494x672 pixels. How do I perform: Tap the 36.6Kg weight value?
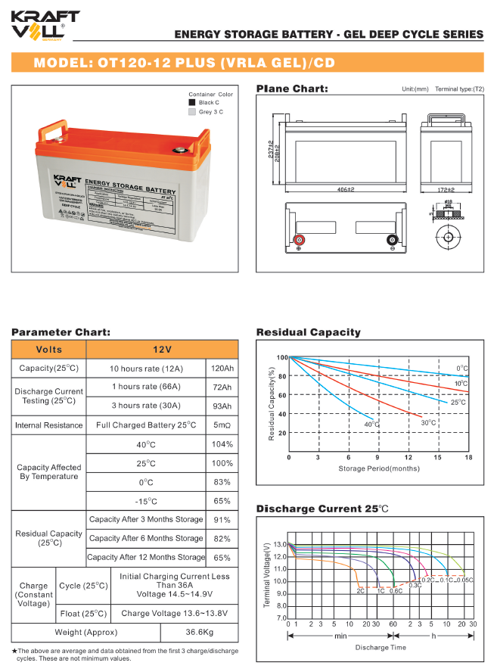[x=200, y=632]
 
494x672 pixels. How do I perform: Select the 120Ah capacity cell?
[x=223, y=369]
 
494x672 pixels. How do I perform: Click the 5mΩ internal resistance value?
[x=223, y=425]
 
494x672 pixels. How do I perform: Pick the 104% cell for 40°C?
[x=223, y=444]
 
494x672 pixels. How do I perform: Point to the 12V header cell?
[x=162, y=350]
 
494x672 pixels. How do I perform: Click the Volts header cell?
[x=49, y=350]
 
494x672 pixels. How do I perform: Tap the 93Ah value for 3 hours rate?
[x=223, y=406]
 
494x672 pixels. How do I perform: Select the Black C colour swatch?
[x=191, y=102]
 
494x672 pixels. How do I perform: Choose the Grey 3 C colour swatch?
[x=191, y=112]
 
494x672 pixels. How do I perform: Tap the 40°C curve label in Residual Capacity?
[x=371, y=425]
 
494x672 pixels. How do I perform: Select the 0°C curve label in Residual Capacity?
[x=462, y=369]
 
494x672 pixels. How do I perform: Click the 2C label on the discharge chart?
[x=361, y=590]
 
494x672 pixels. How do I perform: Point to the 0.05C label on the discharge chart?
[x=466, y=580]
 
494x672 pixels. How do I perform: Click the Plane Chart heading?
[x=292, y=89]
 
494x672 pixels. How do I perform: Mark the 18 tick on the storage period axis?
[x=468, y=457]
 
